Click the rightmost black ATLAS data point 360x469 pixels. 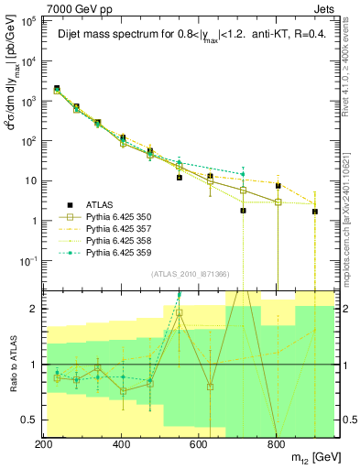315,212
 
